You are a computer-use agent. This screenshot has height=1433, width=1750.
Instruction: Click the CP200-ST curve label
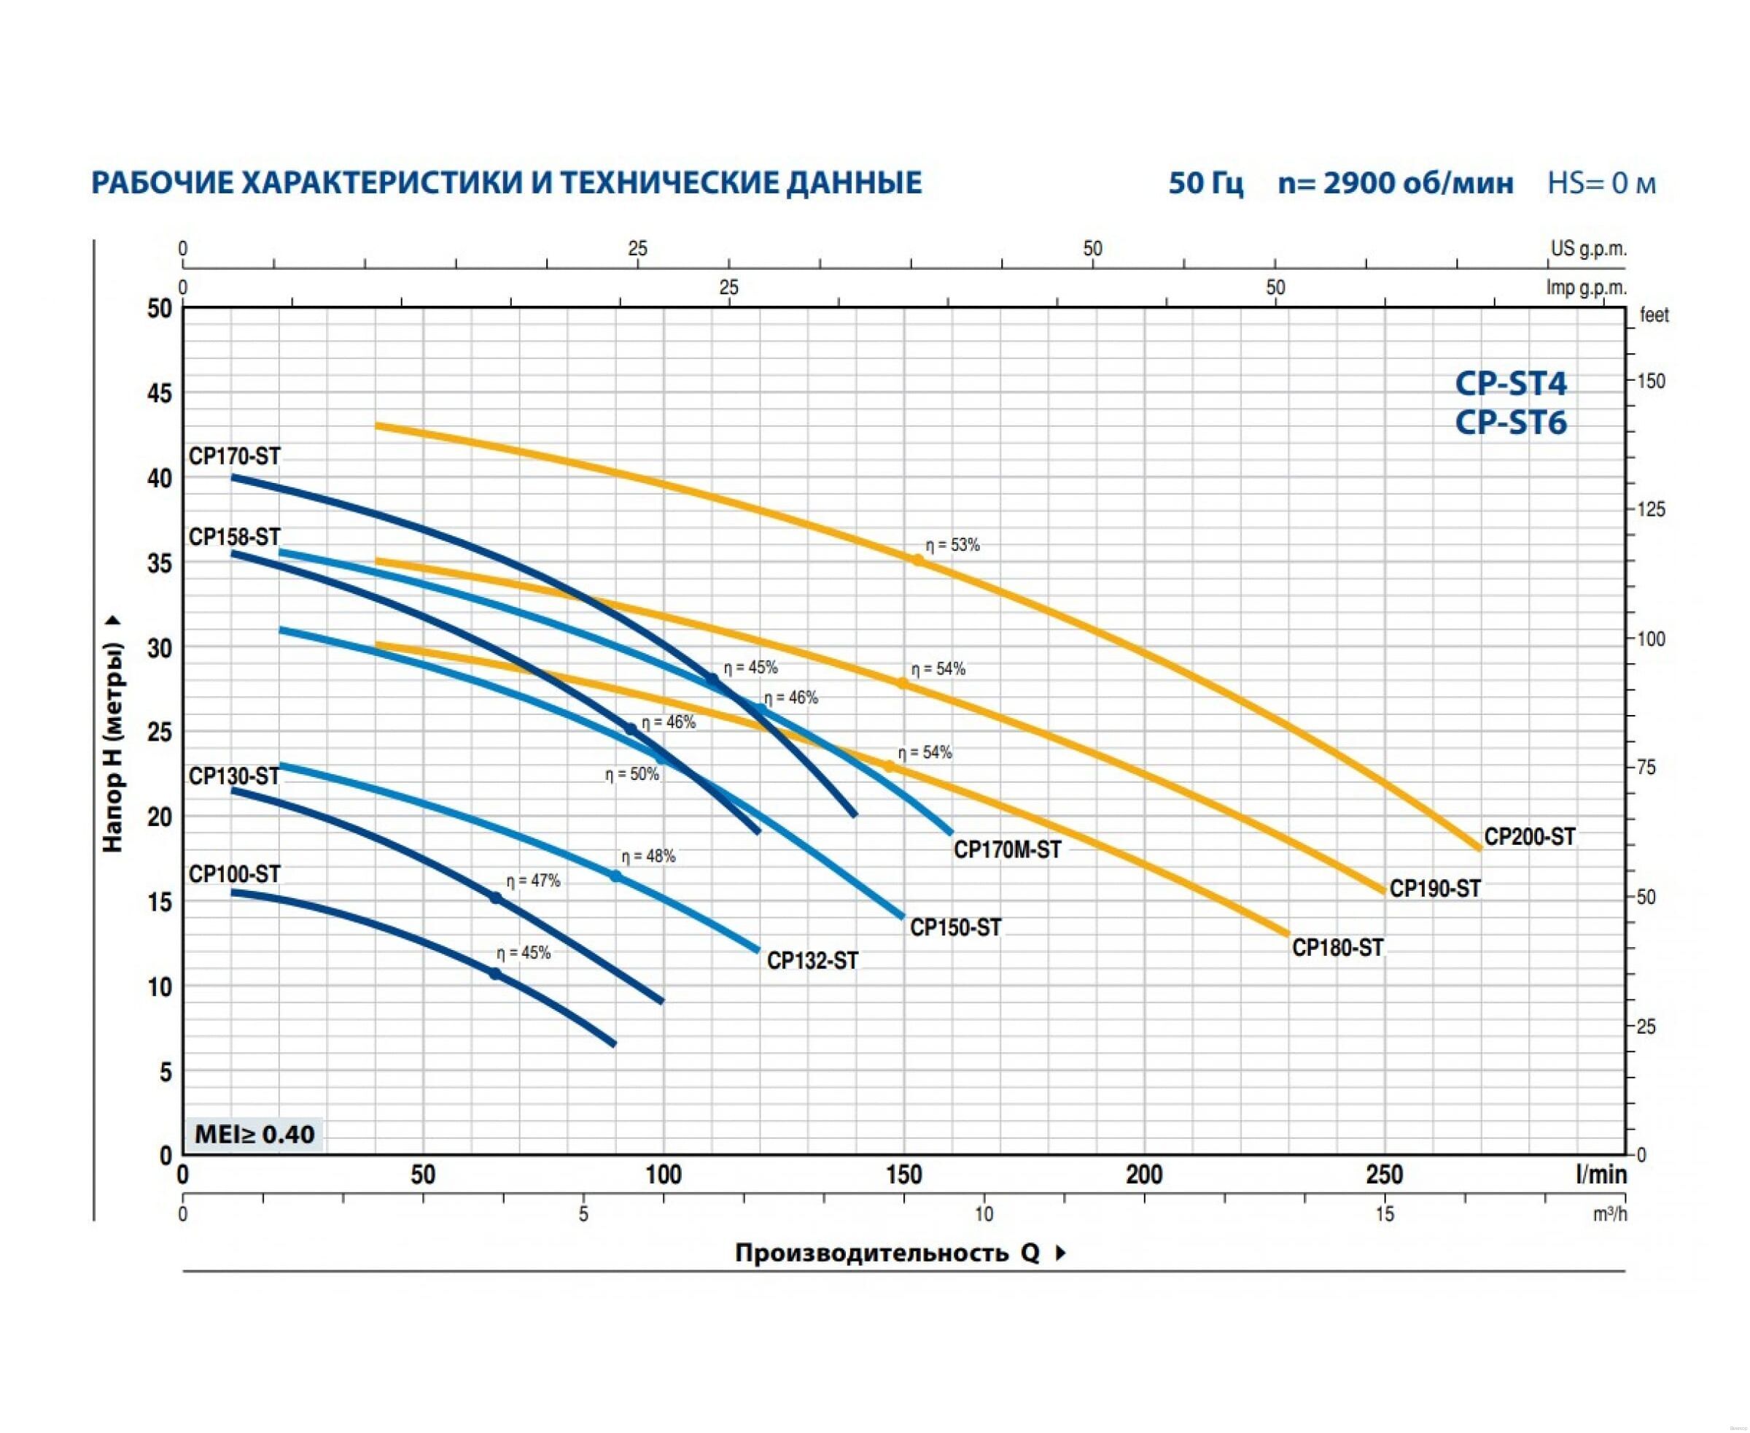[1529, 837]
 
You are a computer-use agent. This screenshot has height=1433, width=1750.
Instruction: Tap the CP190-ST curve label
[1435, 889]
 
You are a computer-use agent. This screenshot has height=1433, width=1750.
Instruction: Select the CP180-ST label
[1337, 948]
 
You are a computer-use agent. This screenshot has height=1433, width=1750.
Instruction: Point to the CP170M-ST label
[1006, 849]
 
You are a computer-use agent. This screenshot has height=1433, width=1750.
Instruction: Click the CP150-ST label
[954, 928]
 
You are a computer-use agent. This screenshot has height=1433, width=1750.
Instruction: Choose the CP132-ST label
[812, 961]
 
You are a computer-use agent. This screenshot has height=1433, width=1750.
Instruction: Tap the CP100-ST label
[234, 874]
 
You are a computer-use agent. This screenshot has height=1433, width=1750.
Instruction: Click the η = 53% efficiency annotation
[952, 546]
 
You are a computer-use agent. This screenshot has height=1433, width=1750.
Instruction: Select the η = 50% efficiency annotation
[632, 775]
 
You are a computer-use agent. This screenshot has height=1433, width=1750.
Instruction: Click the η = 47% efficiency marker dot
[496, 898]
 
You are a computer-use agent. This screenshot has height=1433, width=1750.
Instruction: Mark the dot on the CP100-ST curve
[495, 974]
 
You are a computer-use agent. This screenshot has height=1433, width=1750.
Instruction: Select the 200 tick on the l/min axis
[1143, 1175]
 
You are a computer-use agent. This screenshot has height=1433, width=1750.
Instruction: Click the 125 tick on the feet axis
[1651, 509]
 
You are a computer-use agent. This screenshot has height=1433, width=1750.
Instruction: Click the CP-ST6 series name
[1510, 422]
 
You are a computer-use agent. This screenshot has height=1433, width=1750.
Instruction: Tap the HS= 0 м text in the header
[1601, 183]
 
